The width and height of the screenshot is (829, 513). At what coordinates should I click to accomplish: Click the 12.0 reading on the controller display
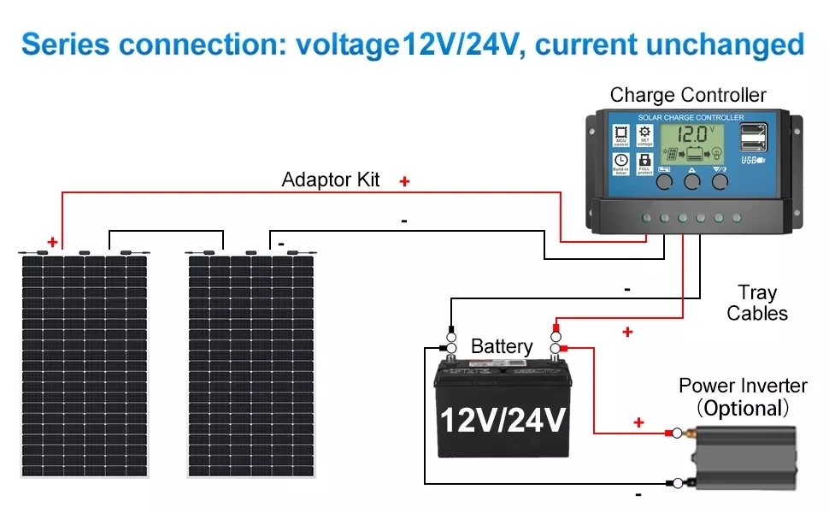coord(688,134)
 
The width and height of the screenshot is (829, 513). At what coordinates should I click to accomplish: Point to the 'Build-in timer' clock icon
coord(621,162)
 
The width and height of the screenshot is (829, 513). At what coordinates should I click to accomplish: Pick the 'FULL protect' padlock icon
coord(645,162)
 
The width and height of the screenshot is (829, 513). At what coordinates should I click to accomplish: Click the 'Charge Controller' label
coord(688,95)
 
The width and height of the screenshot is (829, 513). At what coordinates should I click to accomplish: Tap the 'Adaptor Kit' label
coord(331,180)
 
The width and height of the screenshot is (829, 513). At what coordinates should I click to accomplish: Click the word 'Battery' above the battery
coord(502,346)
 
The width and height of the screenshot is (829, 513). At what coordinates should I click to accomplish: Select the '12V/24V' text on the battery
coord(503,420)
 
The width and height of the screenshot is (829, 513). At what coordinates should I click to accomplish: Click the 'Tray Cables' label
coord(757,304)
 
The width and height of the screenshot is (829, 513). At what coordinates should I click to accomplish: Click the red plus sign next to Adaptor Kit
coord(404,181)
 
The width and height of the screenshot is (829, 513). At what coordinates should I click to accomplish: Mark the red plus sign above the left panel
coord(53,243)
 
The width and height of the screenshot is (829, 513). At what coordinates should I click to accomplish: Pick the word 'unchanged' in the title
coord(738,44)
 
